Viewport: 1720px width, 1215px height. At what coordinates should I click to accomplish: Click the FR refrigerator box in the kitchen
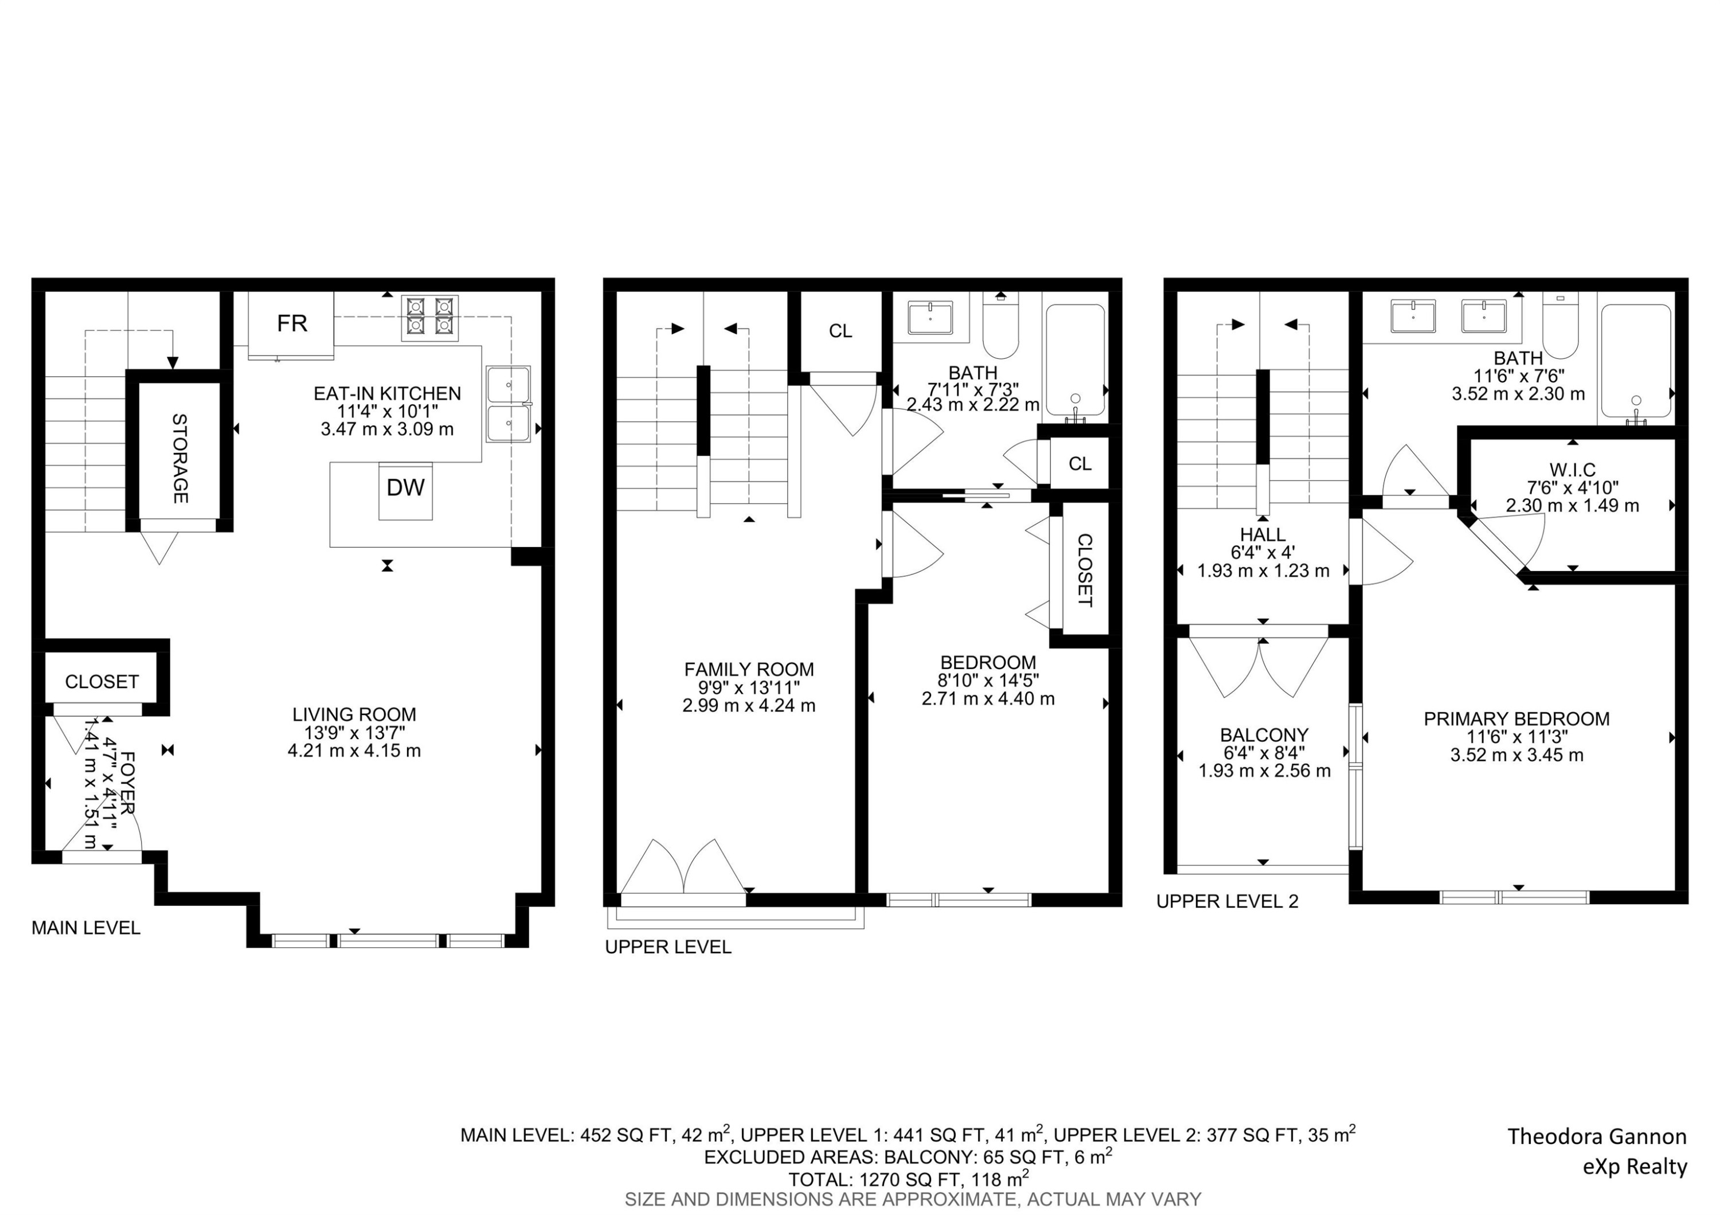(291, 323)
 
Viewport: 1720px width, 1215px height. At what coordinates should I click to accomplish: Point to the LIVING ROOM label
(354, 714)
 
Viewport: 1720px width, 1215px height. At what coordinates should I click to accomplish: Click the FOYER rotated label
(127, 783)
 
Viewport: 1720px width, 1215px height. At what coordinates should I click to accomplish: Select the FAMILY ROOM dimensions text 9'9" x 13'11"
(748, 687)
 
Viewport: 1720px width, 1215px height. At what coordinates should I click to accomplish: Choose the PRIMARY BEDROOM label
(1516, 719)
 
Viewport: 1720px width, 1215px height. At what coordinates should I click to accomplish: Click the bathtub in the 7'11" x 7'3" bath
(1074, 360)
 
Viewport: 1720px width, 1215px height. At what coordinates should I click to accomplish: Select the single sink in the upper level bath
(930, 318)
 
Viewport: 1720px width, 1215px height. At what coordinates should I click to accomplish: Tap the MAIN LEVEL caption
(85, 928)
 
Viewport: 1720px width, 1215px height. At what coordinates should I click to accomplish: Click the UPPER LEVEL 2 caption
(1227, 901)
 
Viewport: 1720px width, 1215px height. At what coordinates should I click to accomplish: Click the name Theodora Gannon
(1596, 1136)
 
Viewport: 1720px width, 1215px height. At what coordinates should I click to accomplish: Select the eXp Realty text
(1634, 1166)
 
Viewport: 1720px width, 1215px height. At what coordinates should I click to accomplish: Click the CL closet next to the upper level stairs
(840, 331)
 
